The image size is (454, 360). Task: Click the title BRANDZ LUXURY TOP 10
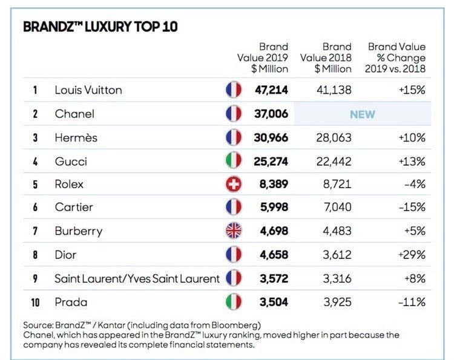click(x=100, y=28)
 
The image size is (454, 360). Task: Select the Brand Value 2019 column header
click(x=265, y=58)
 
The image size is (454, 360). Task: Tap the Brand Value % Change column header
click(x=396, y=58)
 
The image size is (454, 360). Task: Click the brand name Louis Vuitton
click(x=88, y=90)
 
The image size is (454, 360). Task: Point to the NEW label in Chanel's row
click(x=362, y=114)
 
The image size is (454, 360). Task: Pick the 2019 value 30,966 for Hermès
click(x=271, y=137)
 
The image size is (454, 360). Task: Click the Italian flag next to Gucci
click(x=233, y=161)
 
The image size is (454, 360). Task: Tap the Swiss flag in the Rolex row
click(x=233, y=185)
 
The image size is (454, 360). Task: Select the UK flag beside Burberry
click(x=233, y=231)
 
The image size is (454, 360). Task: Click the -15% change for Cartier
click(x=412, y=208)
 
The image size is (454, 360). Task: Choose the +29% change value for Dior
click(x=412, y=255)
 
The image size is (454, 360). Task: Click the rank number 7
click(x=36, y=231)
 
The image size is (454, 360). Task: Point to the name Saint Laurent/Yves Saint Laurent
click(x=137, y=278)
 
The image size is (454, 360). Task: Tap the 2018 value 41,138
click(x=334, y=90)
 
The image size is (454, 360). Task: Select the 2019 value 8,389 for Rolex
click(x=273, y=185)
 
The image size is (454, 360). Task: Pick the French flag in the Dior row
click(x=233, y=255)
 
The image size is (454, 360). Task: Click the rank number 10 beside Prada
click(x=36, y=301)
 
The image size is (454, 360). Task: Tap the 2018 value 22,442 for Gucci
click(x=334, y=161)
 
